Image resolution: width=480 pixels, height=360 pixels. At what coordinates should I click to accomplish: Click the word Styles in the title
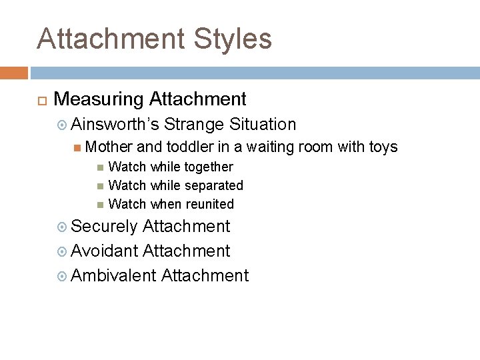click(x=233, y=39)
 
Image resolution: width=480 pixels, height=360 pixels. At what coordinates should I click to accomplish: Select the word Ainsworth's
click(x=114, y=124)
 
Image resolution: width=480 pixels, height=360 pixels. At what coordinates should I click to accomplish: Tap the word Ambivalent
click(x=113, y=275)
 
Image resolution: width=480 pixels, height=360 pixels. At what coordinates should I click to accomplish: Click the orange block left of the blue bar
click(x=13, y=72)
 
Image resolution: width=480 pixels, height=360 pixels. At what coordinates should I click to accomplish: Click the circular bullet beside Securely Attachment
click(x=62, y=227)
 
